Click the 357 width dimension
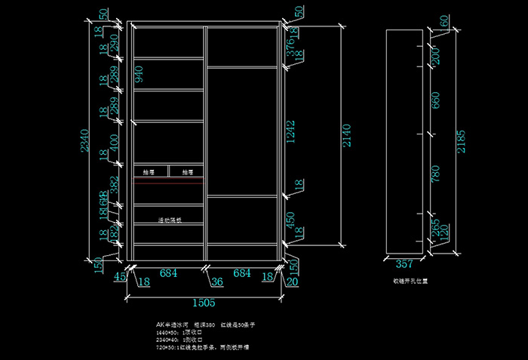tap(404, 265)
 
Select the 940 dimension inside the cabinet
tap(139, 74)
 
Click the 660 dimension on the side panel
tap(435, 100)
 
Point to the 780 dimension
tap(435, 175)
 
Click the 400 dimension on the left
tap(114, 141)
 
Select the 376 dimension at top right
tap(289, 46)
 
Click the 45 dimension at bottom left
tap(118, 277)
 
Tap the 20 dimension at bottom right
tap(292, 282)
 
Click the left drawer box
tap(151, 171)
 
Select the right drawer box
tap(186, 171)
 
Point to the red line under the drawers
tap(169, 182)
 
